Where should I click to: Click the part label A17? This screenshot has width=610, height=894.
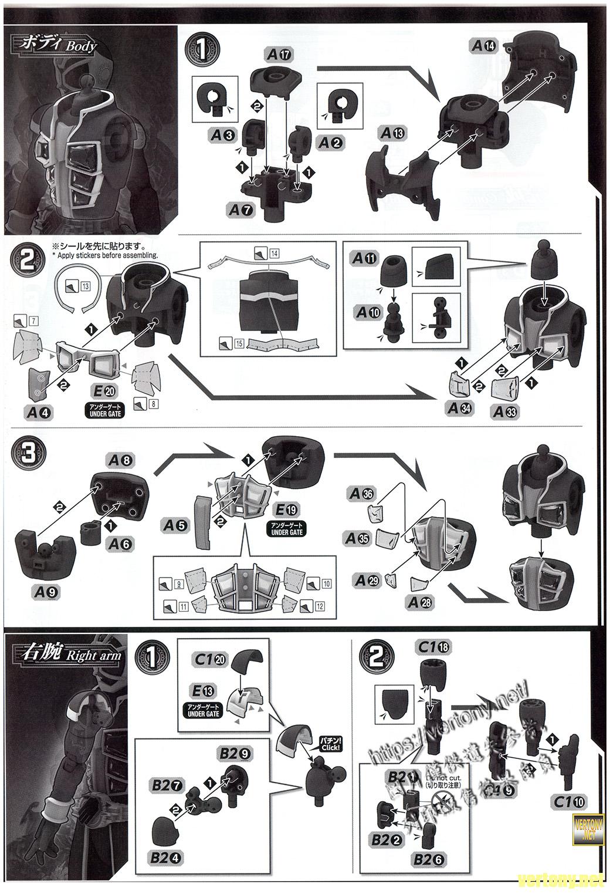click(x=279, y=55)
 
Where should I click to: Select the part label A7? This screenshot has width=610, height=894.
click(x=240, y=209)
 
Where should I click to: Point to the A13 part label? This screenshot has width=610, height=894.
click(x=392, y=133)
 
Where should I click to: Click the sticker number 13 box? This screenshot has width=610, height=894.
click(x=85, y=286)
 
